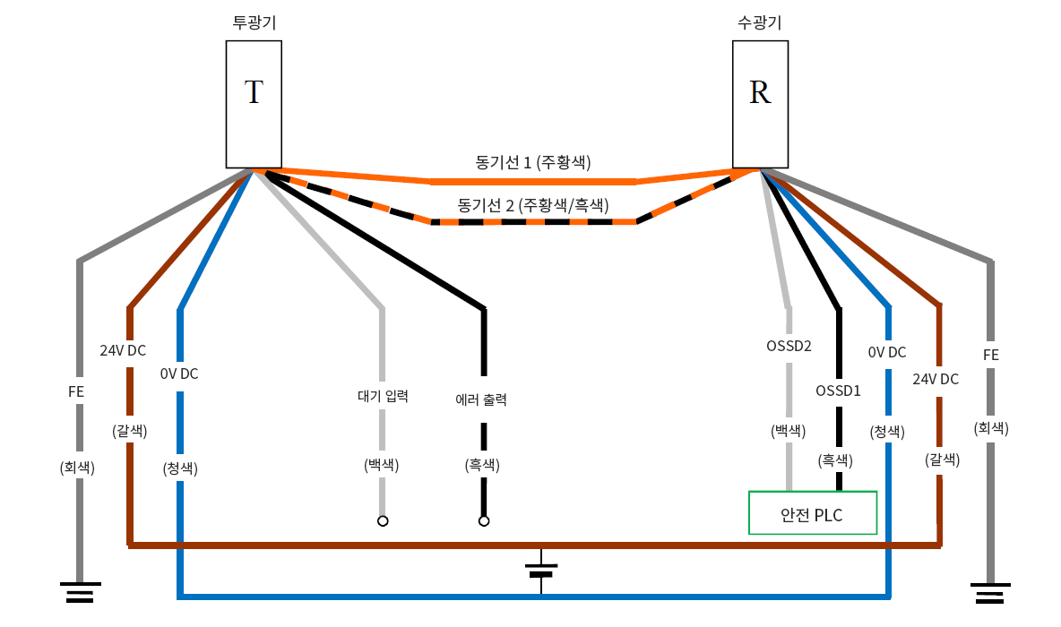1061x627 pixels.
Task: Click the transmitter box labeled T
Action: click(254, 103)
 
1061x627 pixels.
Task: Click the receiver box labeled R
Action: click(760, 103)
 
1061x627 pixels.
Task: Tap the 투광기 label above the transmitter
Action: click(254, 23)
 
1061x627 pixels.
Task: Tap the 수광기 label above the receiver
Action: click(760, 23)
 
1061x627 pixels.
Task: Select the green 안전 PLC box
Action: click(812, 512)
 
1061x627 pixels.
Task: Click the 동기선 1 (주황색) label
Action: click(533, 162)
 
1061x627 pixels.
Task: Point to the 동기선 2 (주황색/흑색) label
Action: click(533, 204)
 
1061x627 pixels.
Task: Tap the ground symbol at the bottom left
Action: click(80, 592)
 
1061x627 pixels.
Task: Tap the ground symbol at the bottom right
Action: click(990, 592)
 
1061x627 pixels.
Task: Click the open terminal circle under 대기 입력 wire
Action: click(383, 521)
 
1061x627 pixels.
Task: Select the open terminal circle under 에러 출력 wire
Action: click(484, 521)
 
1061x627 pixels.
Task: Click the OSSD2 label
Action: click(789, 346)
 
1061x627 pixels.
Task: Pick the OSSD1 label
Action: click(839, 391)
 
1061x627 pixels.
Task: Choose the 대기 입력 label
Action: click(383, 396)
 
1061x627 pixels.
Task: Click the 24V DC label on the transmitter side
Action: click(123, 350)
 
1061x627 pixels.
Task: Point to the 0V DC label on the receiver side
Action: click(887, 353)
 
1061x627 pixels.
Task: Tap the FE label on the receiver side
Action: click(991, 355)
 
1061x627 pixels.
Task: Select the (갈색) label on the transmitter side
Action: click(130, 431)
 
